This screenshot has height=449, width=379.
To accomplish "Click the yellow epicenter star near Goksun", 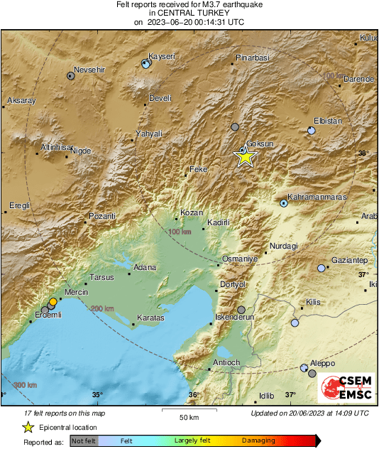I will pyautogui.click(x=245, y=157).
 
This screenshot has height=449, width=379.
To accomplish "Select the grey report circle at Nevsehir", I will pyautogui.click(x=71, y=75).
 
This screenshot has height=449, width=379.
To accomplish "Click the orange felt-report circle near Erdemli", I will pyautogui.click(x=53, y=302).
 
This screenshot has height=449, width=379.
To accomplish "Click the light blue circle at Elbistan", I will pyautogui.click(x=312, y=131).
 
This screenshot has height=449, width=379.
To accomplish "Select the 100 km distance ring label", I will pyautogui.click(x=180, y=232).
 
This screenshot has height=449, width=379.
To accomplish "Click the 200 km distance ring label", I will pyautogui.click(x=101, y=308).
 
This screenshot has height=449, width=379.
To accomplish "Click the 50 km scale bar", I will pyautogui.click(x=187, y=411).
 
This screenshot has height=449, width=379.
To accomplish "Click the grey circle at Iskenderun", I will pyautogui.click(x=241, y=310).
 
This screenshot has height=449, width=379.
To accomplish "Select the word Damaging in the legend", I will pyautogui.click(x=258, y=440).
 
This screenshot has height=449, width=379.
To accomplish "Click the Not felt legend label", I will pyautogui.click(x=84, y=440).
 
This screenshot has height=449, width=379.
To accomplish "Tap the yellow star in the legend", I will pyautogui.click(x=28, y=427).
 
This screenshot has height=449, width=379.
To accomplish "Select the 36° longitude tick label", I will pyautogui.click(x=193, y=394).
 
